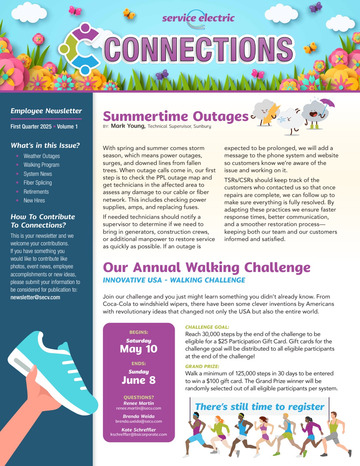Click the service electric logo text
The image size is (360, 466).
point(198,17)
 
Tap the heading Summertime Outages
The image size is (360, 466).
point(175,116)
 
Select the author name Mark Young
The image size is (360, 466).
point(128,126)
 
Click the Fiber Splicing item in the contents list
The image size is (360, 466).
point(37,183)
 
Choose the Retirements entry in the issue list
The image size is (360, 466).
point(36,191)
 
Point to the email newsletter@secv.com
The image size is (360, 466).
point(35,297)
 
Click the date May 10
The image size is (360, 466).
point(139,349)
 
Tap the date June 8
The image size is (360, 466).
point(139,380)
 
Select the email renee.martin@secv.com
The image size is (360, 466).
point(139,408)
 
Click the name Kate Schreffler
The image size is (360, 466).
point(139,430)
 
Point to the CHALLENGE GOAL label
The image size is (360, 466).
point(207,327)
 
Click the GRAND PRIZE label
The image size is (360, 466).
point(202,367)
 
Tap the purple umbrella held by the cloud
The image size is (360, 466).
point(327,104)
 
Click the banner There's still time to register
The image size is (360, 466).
point(260,407)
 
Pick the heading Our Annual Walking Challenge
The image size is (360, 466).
point(206,268)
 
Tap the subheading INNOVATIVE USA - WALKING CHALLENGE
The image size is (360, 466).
point(174,280)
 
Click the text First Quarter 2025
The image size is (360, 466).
point(31,127)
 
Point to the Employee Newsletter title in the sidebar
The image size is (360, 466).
point(46,111)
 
